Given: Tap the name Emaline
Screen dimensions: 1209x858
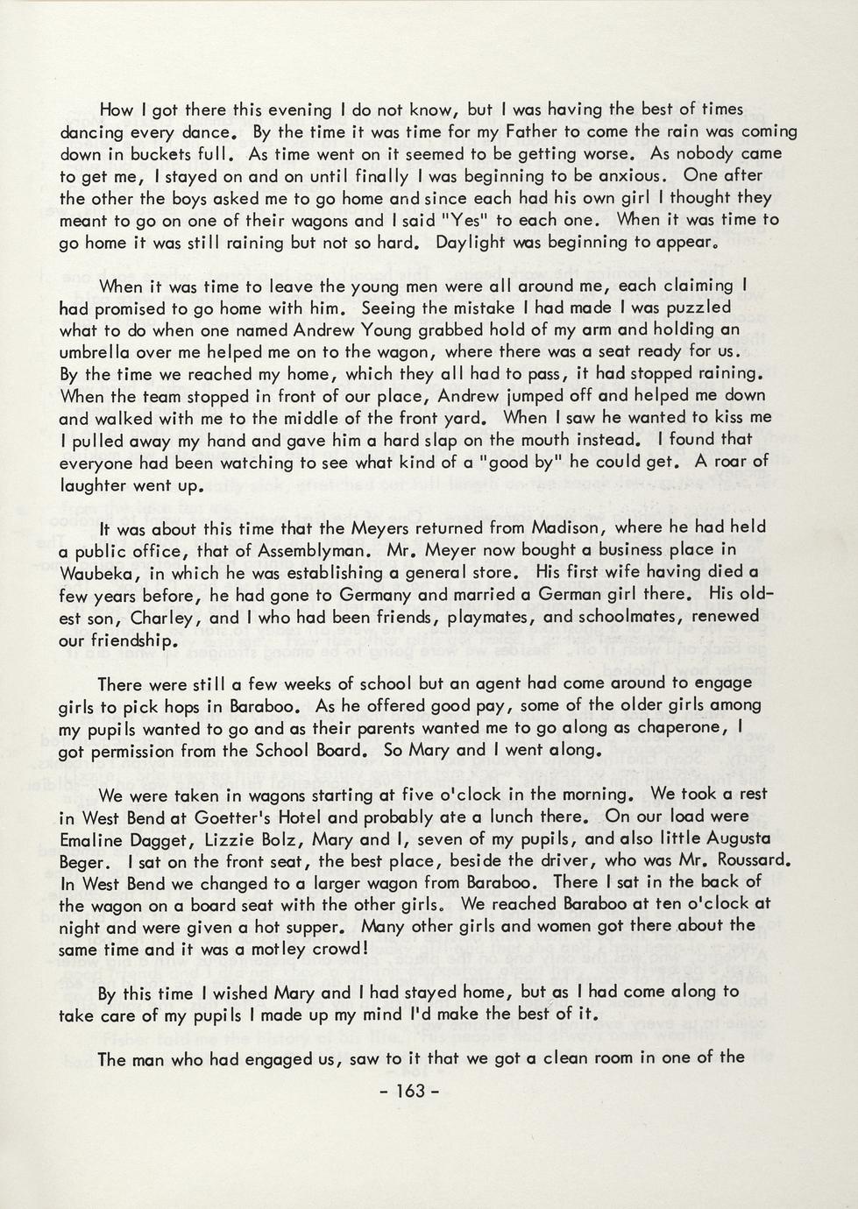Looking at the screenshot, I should tap(92, 839).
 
